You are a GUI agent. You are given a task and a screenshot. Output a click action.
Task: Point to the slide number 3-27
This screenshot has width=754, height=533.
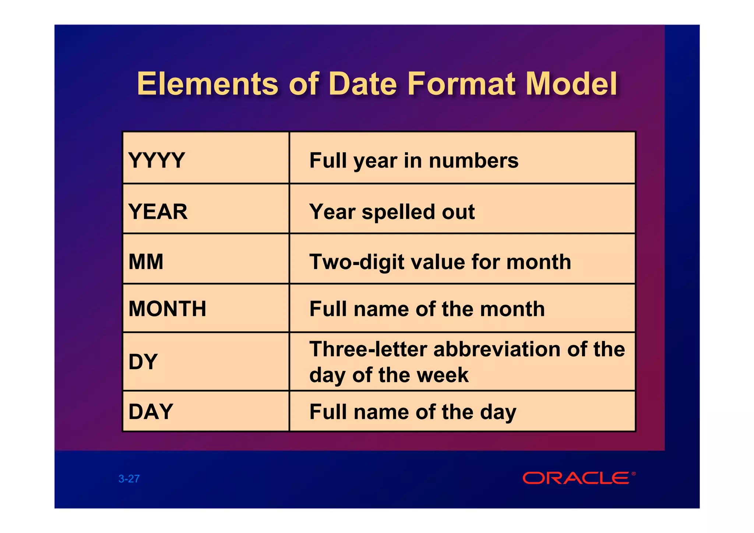(129, 479)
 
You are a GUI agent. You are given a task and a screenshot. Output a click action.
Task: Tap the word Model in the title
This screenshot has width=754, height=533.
(571, 84)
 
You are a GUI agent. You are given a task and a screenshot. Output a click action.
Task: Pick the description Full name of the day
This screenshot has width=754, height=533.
(412, 412)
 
